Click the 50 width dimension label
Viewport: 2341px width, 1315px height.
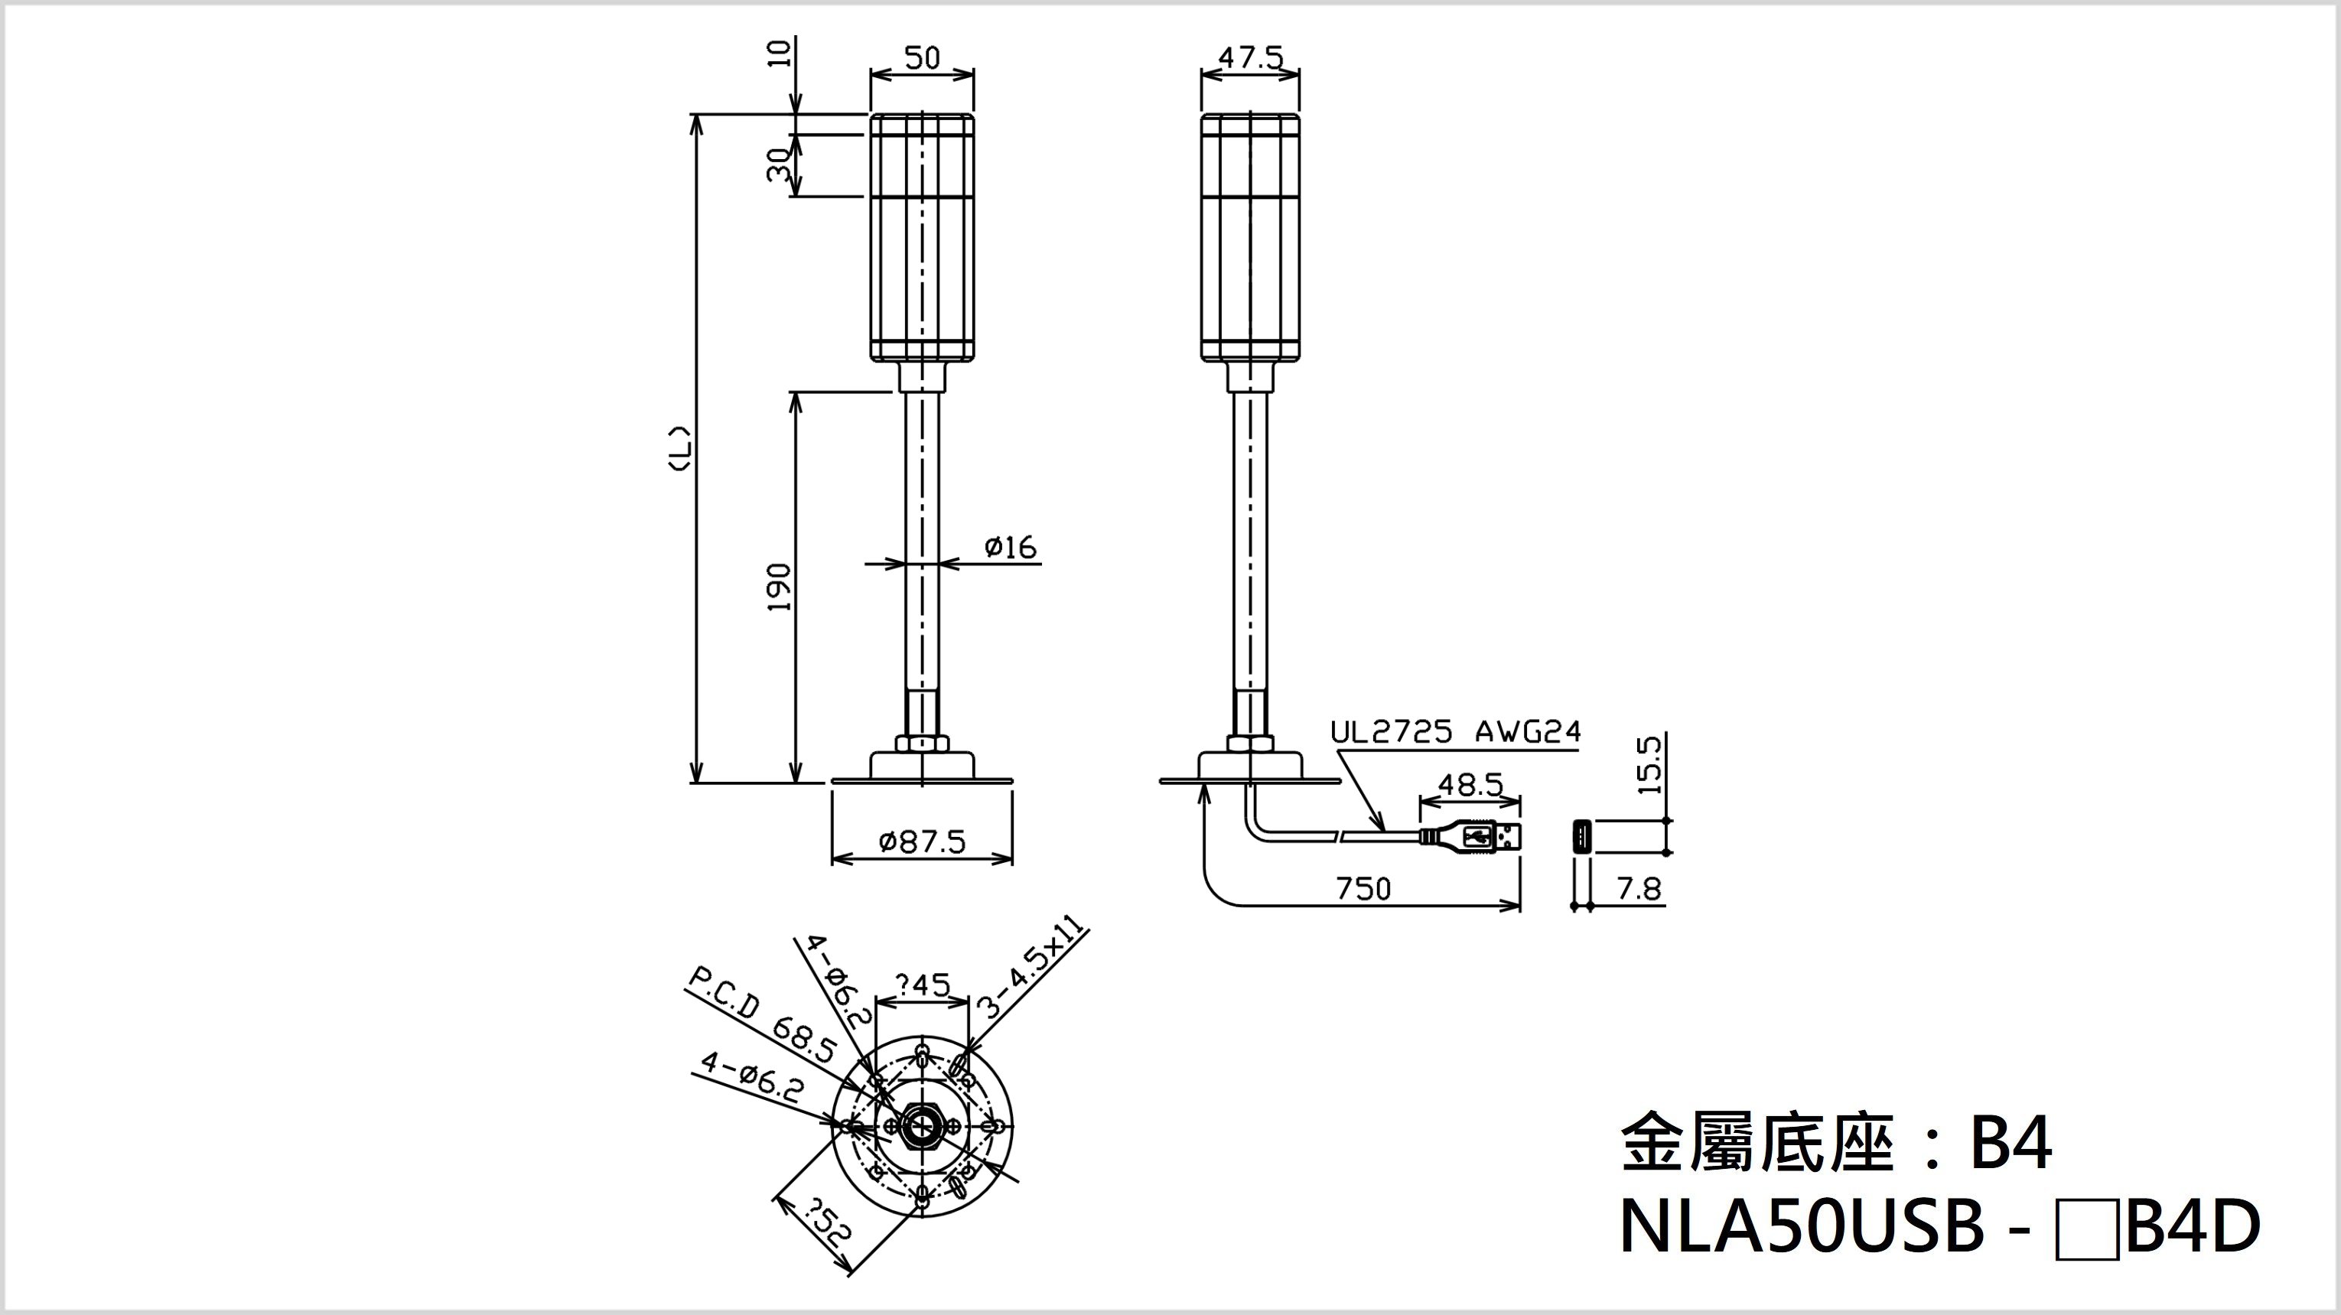coord(922,58)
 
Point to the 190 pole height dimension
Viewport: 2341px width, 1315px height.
coord(780,587)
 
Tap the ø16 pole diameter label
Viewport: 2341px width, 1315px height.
coord(1011,547)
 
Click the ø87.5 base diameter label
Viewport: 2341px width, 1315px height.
coord(922,842)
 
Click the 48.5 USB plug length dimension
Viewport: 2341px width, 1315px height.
coord(1470,784)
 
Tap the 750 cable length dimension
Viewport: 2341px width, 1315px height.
coord(1363,888)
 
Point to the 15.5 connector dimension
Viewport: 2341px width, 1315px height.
coord(1649,765)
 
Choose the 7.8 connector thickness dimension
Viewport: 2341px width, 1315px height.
coord(1639,888)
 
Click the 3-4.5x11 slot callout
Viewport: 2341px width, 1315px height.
coord(1031,971)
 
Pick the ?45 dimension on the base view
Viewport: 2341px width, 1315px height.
coord(923,985)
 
